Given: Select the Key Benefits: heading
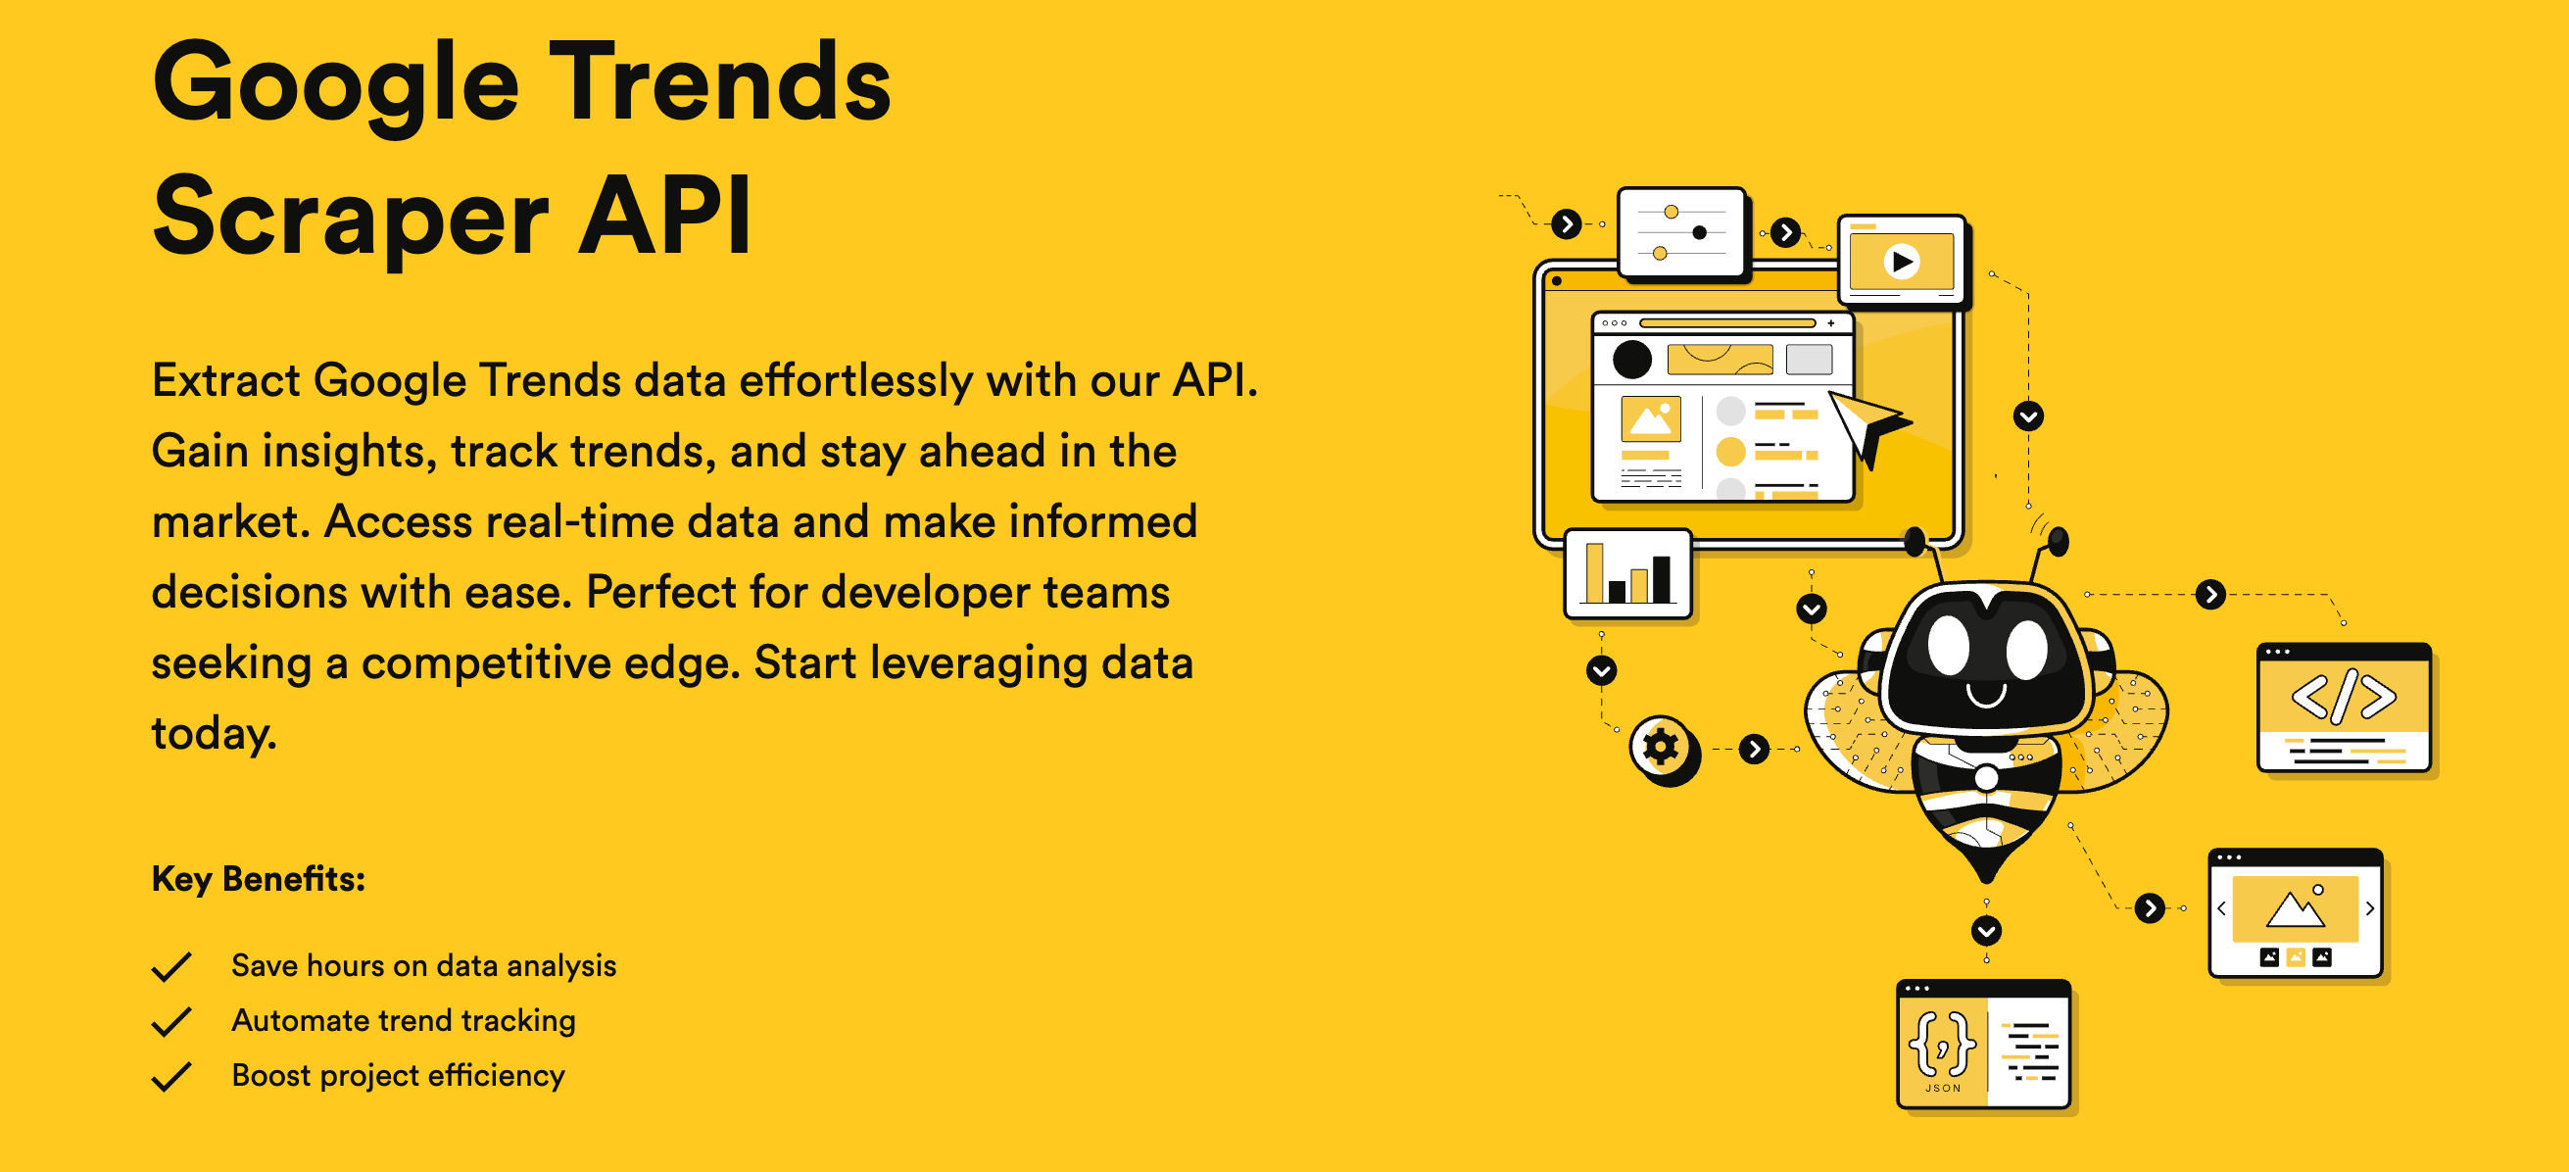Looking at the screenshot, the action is click(259, 879).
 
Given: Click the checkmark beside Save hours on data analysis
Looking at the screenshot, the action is click(171, 966).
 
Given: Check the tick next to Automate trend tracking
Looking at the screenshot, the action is click(171, 1021).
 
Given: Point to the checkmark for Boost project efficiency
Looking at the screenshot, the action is click(171, 1076).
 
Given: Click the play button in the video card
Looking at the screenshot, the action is click(1902, 262).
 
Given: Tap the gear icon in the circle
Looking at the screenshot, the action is click(1662, 746).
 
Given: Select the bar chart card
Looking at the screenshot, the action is click(1628, 574).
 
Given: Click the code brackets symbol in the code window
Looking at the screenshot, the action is click(2344, 696).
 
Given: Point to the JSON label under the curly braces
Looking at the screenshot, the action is click(1943, 1088).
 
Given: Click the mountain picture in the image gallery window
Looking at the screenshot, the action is click(2295, 907).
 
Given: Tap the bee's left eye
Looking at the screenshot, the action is click(1949, 646).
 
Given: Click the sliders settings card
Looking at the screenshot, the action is click(1682, 232).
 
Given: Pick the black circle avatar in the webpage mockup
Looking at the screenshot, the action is click(1632, 359).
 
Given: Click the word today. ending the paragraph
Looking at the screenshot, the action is click(214, 734).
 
